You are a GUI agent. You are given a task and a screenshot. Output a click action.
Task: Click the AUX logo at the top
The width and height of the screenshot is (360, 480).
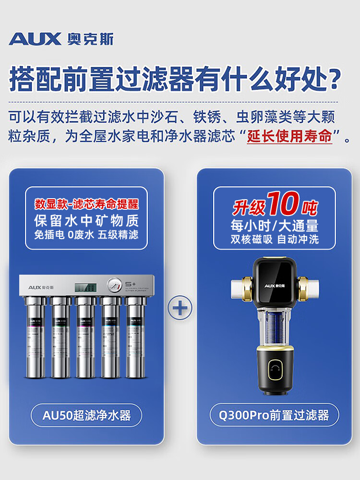61,38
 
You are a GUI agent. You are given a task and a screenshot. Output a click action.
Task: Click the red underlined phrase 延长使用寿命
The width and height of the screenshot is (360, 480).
289,136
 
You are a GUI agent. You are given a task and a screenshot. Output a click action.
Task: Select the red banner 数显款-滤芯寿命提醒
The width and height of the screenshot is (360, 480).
86,204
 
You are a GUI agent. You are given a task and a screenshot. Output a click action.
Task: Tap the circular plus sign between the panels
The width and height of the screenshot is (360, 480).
180,307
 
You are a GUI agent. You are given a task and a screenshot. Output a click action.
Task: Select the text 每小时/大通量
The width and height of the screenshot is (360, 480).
274,225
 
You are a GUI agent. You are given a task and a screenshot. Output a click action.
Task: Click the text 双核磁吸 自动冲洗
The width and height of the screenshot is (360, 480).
274,239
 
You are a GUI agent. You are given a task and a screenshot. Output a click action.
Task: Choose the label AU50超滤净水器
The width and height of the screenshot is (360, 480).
86,415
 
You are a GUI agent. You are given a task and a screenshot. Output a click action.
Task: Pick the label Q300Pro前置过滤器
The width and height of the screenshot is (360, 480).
274,415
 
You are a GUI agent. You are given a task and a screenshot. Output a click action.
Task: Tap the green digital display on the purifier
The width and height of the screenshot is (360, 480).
85,288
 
